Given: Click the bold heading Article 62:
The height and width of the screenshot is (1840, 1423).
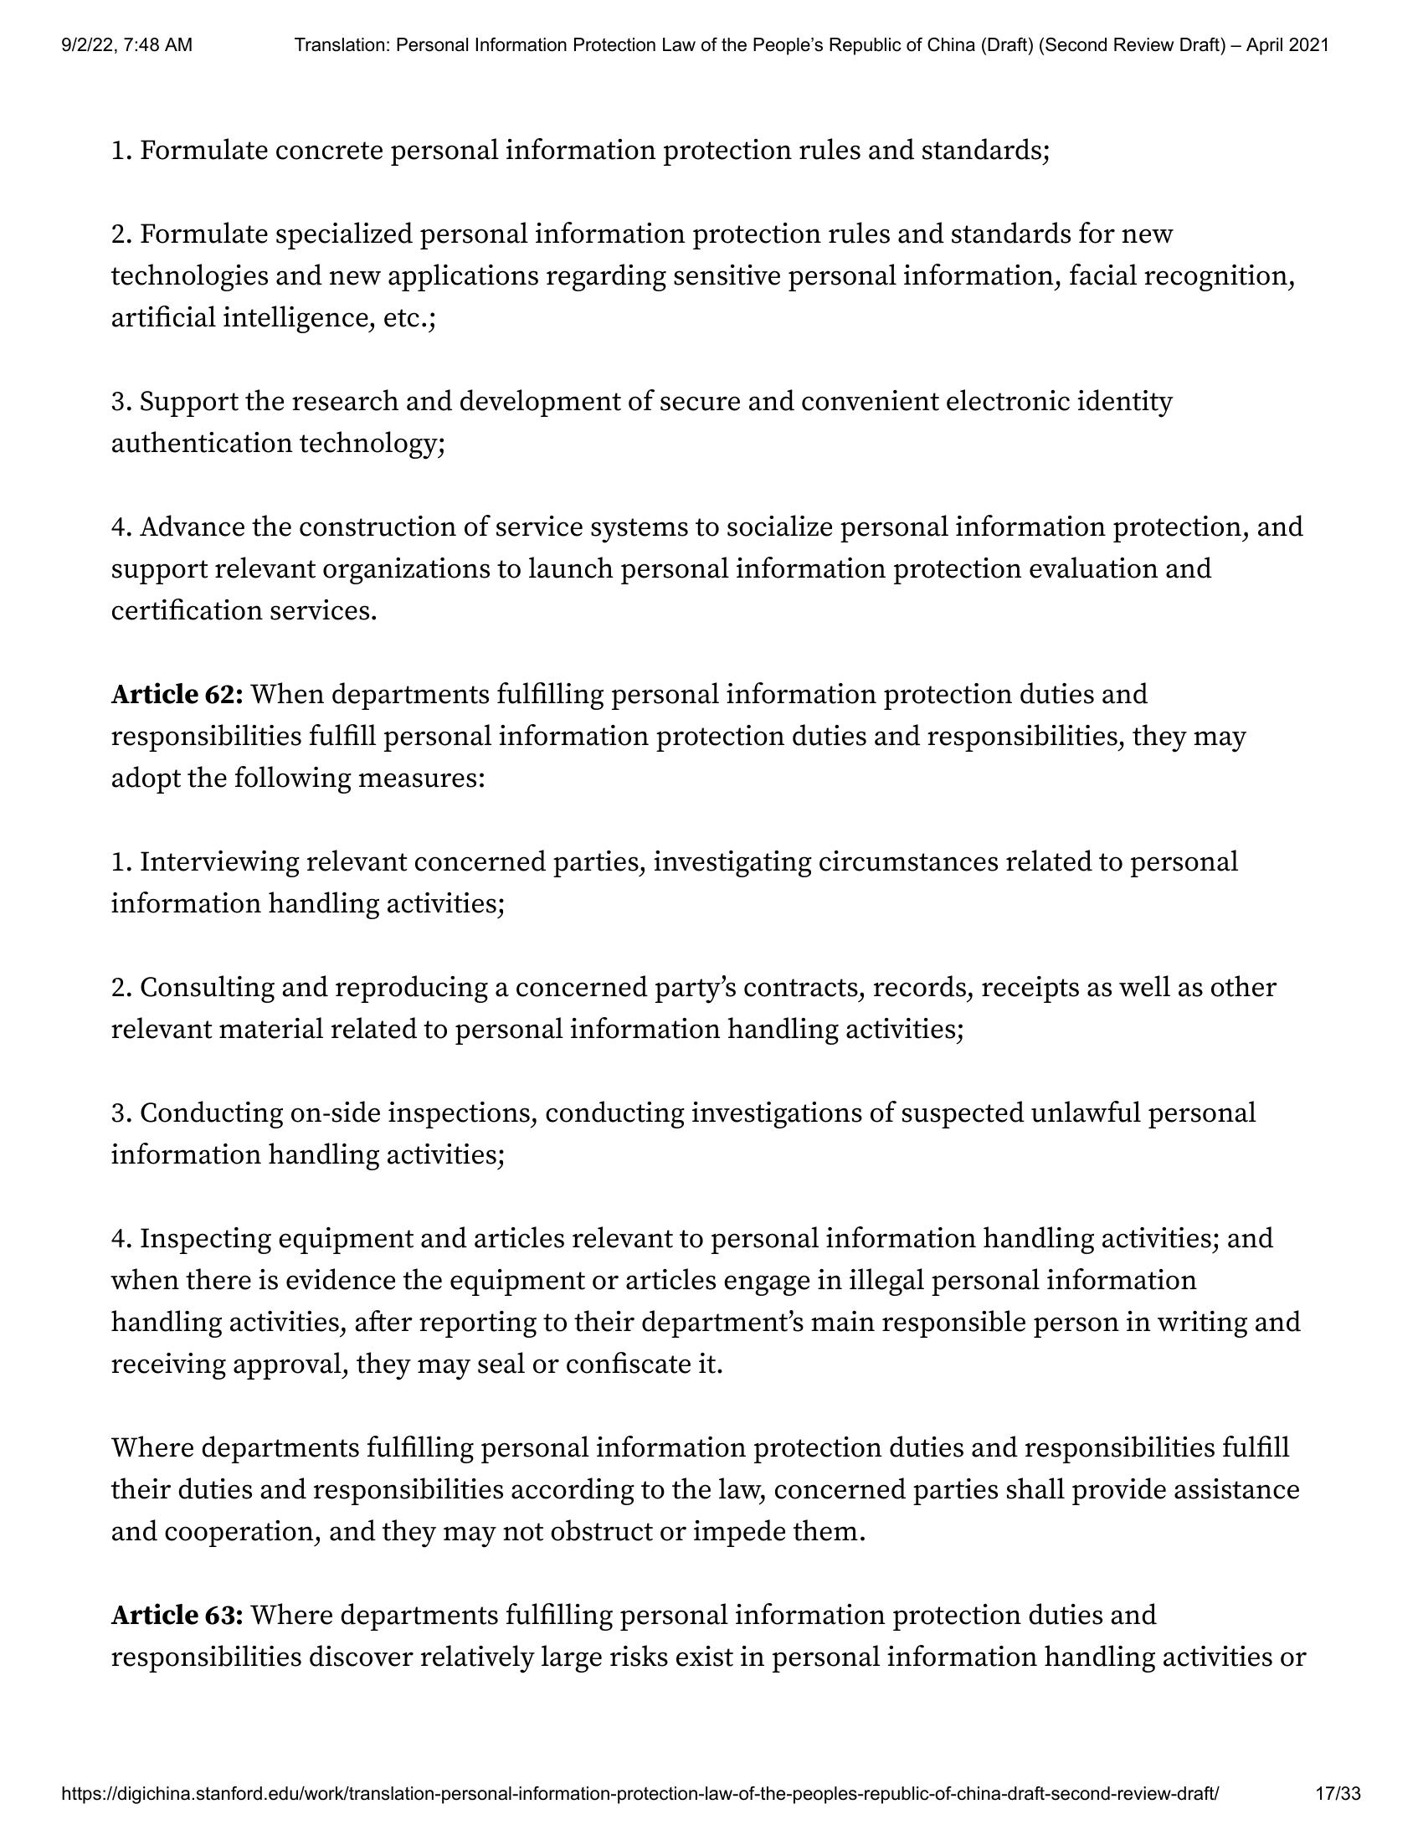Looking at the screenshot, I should pos(177,694).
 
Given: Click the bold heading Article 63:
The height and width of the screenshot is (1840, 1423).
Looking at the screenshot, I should pos(177,1615).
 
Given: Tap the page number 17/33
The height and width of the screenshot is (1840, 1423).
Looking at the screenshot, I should pos(1338,1794).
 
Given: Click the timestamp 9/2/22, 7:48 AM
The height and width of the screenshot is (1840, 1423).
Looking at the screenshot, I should pos(126,45).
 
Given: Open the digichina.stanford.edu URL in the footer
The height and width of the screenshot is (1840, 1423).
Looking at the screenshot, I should pos(640,1794).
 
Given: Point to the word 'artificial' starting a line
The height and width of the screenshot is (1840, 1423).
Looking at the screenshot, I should pos(163,317).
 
